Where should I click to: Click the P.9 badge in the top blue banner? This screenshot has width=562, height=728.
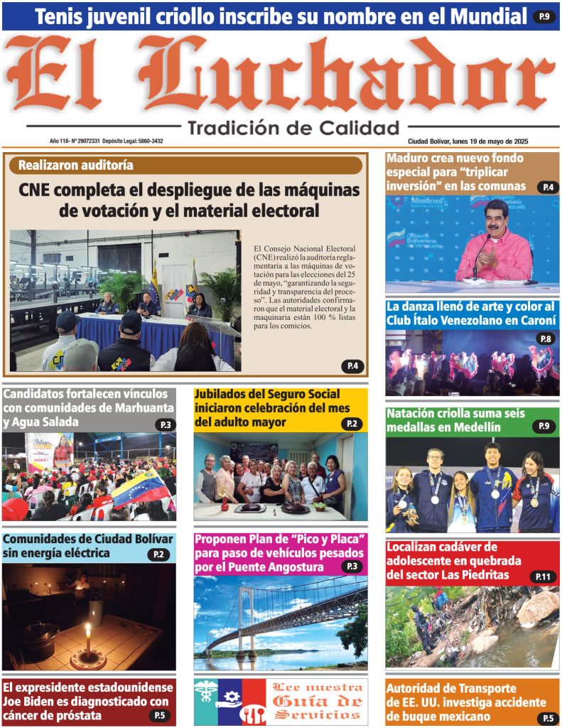[x=544, y=16]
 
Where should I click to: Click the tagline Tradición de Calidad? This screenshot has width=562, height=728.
[x=293, y=128]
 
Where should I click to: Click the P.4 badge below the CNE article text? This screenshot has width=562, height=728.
[x=353, y=366]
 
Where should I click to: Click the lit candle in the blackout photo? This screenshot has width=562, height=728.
[x=88, y=636]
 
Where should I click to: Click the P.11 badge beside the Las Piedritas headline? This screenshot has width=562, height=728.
[x=544, y=577]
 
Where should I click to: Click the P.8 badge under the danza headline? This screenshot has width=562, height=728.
[x=546, y=338]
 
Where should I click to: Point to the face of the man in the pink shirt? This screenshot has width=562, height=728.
[x=496, y=218]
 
